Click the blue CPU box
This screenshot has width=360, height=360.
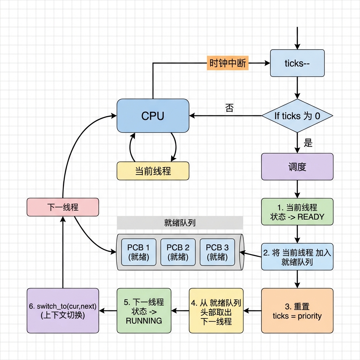[153, 116]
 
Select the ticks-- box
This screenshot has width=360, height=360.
[297, 63]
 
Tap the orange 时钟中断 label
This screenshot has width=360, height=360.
[228, 63]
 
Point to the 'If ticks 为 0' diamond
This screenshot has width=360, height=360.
[297, 116]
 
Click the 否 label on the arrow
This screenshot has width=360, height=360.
[229, 108]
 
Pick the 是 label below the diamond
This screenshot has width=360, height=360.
[308, 143]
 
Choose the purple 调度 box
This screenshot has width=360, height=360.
[297, 167]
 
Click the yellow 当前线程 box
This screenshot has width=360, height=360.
[153, 171]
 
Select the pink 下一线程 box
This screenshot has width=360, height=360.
[63, 207]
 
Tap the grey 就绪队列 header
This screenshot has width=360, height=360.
[180, 223]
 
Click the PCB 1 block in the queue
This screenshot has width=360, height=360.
[139, 252]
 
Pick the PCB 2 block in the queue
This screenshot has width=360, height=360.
[178, 252]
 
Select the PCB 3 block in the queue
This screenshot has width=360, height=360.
[217, 252]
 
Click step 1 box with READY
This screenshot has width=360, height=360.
[297, 212]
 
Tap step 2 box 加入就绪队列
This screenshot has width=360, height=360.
[297, 257]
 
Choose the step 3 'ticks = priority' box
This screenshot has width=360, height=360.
[297, 311]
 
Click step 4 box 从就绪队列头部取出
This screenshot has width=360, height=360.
[216, 311]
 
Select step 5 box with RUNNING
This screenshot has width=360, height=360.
[144, 311]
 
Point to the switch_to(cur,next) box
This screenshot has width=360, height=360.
[63, 311]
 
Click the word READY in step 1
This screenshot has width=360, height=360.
[311, 217]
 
